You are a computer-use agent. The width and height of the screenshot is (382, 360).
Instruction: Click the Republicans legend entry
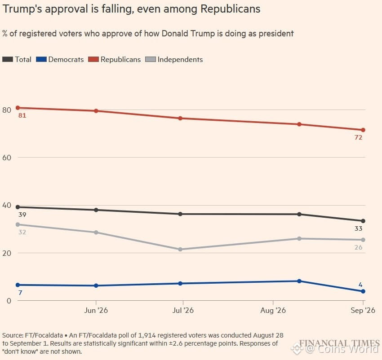click(x=115, y=59)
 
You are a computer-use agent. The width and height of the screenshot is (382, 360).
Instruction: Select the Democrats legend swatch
click(x=41, y=59)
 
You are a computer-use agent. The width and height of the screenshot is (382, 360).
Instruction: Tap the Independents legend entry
click(x=174, y=59)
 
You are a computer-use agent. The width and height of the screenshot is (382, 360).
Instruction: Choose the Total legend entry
click(x=17, y=59)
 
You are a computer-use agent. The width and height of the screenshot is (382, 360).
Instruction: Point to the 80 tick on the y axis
click(x=7, y=110)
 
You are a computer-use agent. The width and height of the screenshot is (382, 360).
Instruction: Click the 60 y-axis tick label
click(x=7, y=158)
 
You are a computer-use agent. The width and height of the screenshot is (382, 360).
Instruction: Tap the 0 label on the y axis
click(x=9, y=301)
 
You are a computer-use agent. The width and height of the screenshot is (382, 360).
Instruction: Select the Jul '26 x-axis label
click(x=183, y=310)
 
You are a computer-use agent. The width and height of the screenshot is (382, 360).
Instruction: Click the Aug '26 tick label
click(x=273, y=310)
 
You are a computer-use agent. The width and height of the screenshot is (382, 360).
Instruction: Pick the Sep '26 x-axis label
click(x=363, y=310)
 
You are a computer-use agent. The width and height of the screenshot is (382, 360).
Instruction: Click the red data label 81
click(x=22, y=116)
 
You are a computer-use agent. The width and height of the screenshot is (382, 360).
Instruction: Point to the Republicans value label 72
click(x=358, y=138)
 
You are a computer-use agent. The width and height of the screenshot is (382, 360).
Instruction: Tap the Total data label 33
click(x=358, y=229)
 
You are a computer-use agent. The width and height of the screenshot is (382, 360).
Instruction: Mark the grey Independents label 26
click(x=358, y=247)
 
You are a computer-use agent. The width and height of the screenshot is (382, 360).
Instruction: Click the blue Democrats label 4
click(x=360, y=285)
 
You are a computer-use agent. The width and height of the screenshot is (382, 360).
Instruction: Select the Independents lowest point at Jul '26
click(x=180, y=250)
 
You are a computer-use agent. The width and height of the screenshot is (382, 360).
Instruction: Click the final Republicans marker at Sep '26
click(x=363, y=130)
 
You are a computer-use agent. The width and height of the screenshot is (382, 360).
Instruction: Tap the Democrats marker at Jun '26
click(x=96, y=286)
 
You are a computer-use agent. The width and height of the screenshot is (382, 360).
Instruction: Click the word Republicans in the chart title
click(x=230, y=9)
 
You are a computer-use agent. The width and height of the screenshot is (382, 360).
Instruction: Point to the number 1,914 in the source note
click(x=147, y=335)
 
